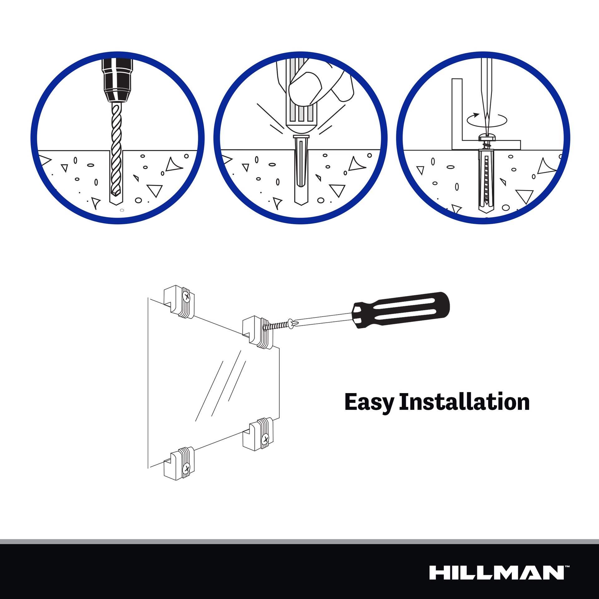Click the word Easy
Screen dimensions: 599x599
[x=369, y=403]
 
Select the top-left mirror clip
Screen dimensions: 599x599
[x=179, y=301]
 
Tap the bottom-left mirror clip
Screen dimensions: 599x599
[x=179, y=464]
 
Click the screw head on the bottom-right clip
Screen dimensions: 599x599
[x=265, y=439]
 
